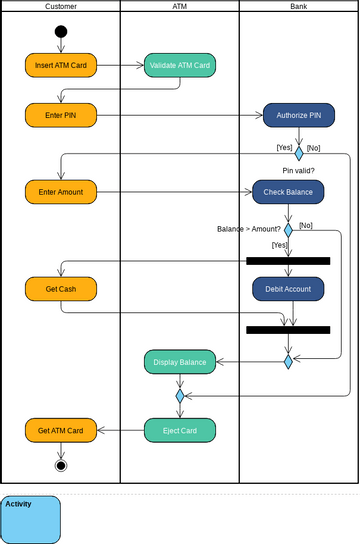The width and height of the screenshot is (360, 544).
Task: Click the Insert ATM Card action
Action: click(x=60, y=66)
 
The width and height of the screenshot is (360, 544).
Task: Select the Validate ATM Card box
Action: click(x=179, y=66)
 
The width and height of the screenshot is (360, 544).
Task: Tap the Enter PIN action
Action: click(x=60, y=115)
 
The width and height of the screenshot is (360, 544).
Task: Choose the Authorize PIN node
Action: click(x=298, y=115)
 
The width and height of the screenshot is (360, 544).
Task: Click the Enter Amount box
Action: click(x=60, y=190)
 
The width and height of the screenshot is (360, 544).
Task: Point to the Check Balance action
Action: click(x=288, y=191)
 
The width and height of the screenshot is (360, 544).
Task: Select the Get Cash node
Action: click(x=60, y=289)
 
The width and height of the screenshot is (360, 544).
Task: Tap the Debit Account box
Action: click(x=288, y=289)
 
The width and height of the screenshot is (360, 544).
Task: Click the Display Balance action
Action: click(x=179, y=362)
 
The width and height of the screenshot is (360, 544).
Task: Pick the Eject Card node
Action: click(x=179, y=431)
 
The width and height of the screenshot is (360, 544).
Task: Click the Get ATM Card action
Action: click(x=60, y=431)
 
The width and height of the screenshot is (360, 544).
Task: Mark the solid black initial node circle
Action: click(x=61, y=31)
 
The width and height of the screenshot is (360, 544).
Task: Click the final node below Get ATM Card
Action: click(x=61, y=465)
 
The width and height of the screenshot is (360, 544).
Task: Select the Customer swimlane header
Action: click(x=60, y=6)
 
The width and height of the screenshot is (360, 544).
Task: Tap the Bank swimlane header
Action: click(x=298, y=6)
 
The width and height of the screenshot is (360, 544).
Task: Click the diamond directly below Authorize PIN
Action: click(x=298, y=154)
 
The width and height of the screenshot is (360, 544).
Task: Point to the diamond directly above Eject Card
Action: click(x=180, y=396)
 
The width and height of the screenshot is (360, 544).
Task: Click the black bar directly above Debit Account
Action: click(x=288, y=261)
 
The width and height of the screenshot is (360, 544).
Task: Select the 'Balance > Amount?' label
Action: click(x=249, y=229)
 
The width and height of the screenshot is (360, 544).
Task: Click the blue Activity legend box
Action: click(x=31, y=519)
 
